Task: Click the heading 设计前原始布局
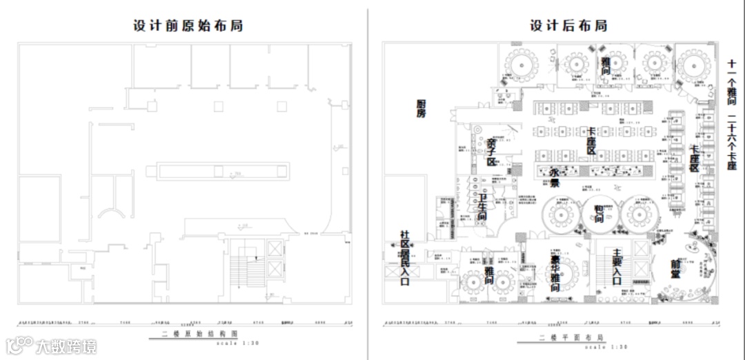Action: (188, 26)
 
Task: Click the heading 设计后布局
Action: (568, 26)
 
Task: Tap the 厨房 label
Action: (426, 108)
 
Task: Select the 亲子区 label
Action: (491, 152)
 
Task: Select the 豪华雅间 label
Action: (553, 273)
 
